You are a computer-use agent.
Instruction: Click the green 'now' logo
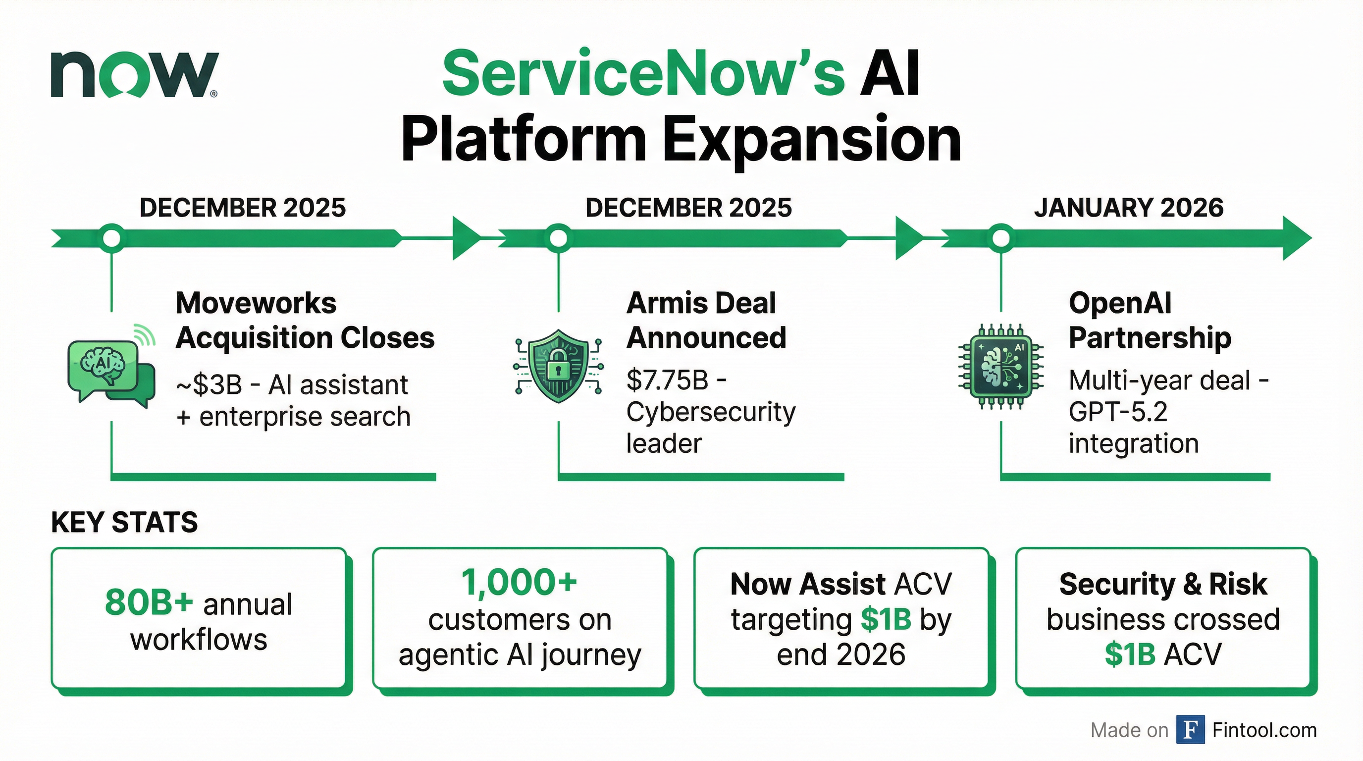tap(134, 75)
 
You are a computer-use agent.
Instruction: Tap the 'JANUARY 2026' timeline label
tap(1129, 208)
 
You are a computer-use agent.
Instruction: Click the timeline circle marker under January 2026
tap(1000, 239)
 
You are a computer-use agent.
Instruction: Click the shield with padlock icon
tap(558, 366)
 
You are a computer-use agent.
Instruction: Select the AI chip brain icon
tap(1000, 367)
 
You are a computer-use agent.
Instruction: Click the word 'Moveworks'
tap(256, 303)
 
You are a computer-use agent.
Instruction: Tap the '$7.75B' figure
tap(667, 380)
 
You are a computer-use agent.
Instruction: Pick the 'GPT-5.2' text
tap(1117, 412)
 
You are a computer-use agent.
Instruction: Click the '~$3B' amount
tap(210, 385)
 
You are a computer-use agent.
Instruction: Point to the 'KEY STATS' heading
tap(124, 522)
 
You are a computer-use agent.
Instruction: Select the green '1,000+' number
tap(519, 583)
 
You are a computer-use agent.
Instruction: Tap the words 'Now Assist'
tap(807, 584)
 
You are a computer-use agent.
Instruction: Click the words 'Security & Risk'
tap(1163, 584)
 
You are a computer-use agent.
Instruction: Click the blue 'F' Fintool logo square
tap(1190, 729)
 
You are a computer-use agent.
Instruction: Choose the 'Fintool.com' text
tap(1264, 730)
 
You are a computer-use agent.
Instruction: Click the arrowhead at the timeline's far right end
tap(1296, 239)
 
